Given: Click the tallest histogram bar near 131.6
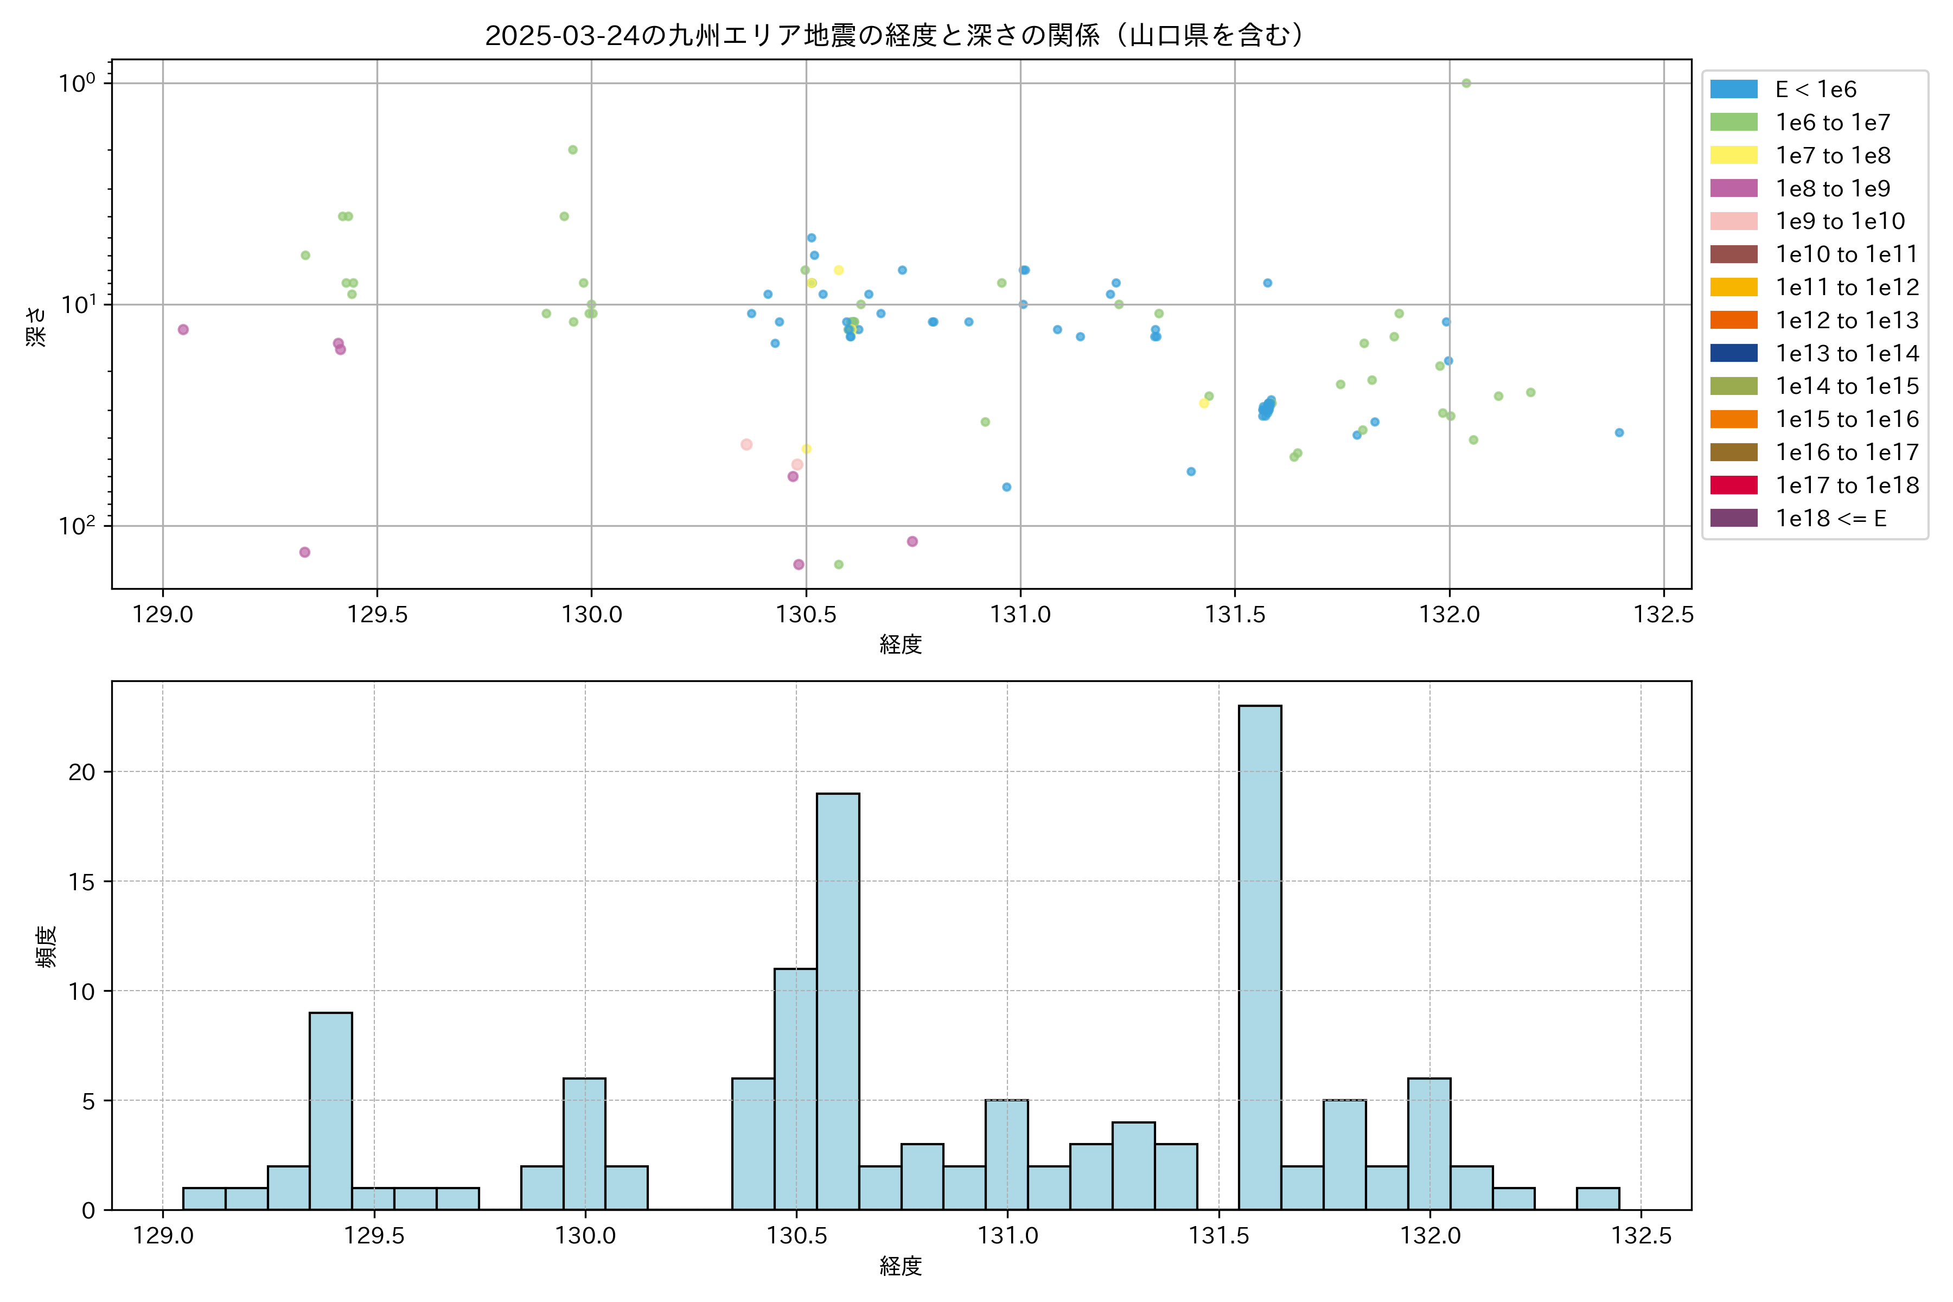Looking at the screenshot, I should pyautogui.click(x=1260, y=956).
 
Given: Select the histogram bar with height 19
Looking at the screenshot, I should pyautogui.click(x=838, y=1000).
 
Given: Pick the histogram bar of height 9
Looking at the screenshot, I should pyautogui.click(x=330, y=1110).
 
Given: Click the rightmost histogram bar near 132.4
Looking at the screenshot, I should pyautogui.click(x=1598, y=1198).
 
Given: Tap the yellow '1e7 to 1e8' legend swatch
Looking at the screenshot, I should pyautogui.click(x=1734, y=155).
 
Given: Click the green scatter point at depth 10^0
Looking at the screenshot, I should pyautogui.click(x=1466, y=83).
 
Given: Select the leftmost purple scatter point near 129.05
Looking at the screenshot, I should pyautogui.click(x=183, y=330).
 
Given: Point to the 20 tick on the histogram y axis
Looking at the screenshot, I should pyautogui.click(x=82, y=772).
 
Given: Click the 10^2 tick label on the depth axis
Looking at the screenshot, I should pyautogui.click(x=77, y=526).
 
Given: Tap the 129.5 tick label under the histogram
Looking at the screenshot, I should pyautogui.click(x=374, y=1236).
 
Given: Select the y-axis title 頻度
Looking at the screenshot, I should pyautogui.click(x=47, y=947).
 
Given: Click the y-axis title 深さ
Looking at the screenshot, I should pyautogui.click(x=36, y=325).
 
